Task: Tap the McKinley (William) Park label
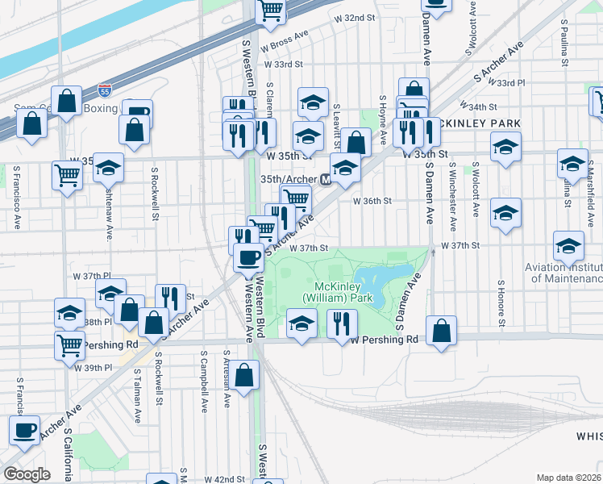pyautogui.click(x=343, y=291)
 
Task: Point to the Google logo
pyautogui.click(x=27, y=474)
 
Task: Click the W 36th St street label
pyautogui.click(x=372, y=201)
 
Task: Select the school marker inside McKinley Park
pyautogui.click(x=301, y=326)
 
